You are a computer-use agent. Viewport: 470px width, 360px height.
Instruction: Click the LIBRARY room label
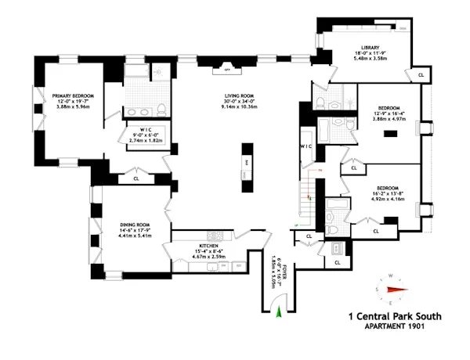pyautogui.click(x=370, y=47)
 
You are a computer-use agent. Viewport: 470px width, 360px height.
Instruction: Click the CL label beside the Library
pyautogui.click(x=421, y=74)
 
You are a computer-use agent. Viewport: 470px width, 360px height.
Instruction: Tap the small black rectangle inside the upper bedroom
pyautogui.click(x=389, y=135)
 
